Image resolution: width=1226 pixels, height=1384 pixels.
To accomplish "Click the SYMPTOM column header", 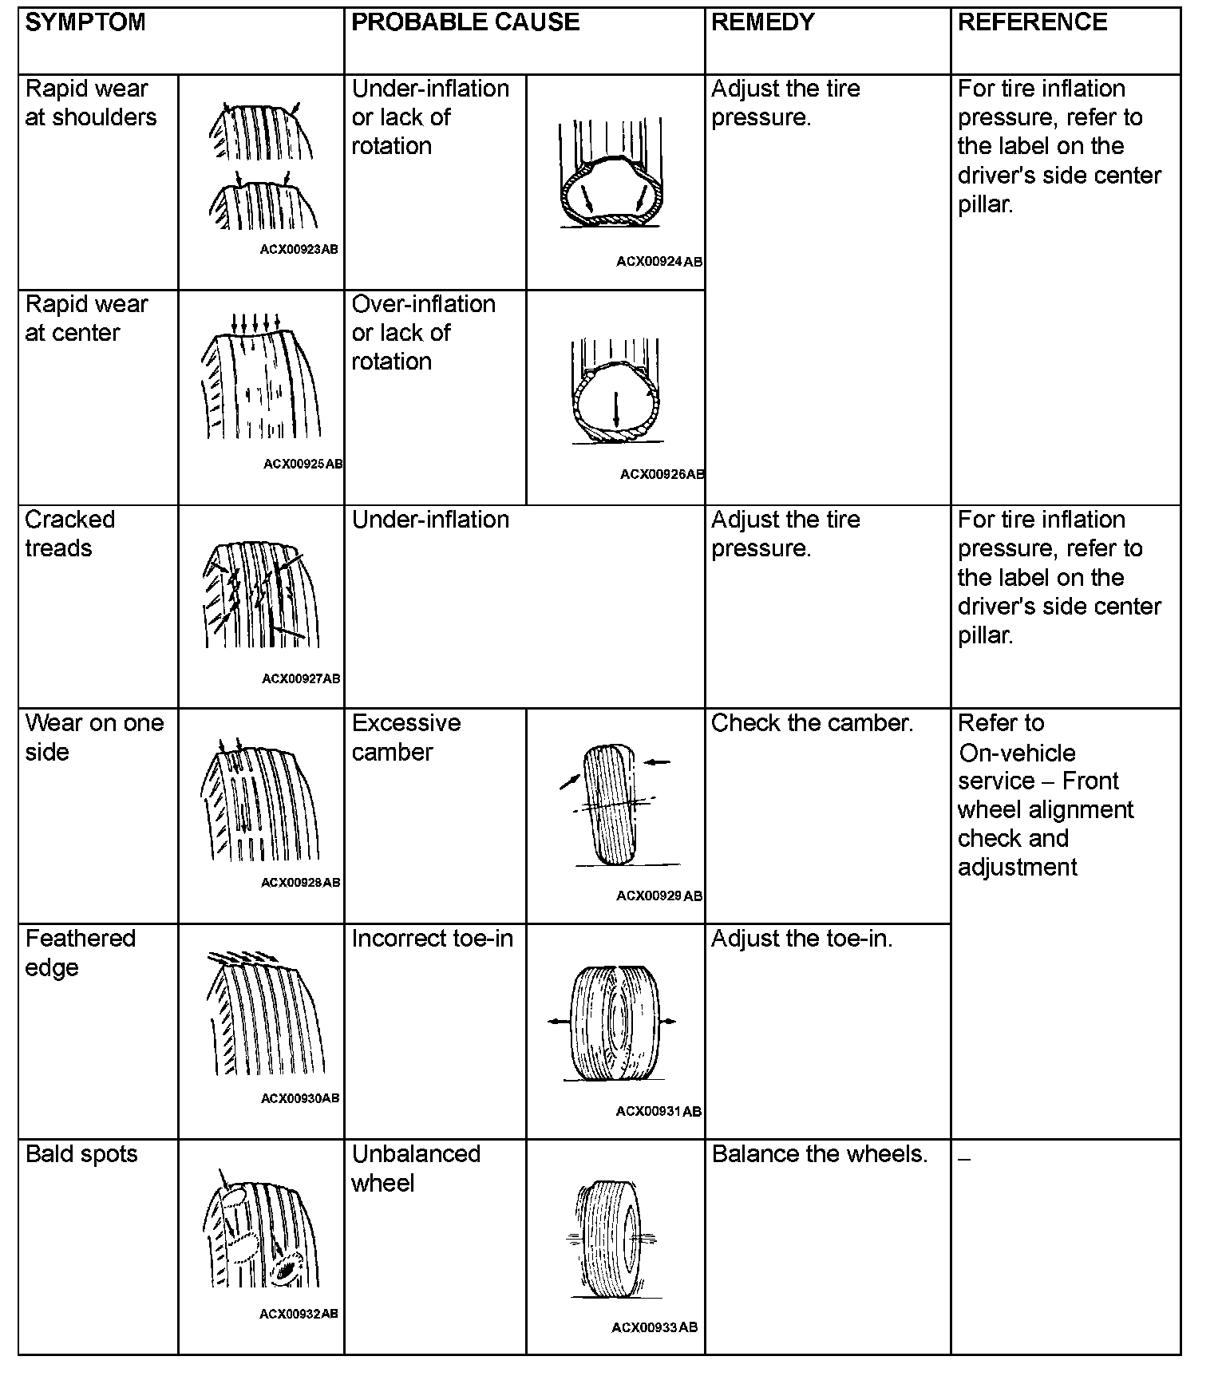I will click(x=85, y=22).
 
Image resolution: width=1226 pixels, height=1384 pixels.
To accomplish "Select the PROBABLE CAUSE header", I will click(x=465, y=22).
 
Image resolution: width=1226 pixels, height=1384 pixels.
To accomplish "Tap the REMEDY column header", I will click(x=762, y=22).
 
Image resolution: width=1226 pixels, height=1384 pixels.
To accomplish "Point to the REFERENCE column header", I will click(x=1032, y=22).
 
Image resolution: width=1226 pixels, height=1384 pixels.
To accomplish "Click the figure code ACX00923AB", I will click(x=299, y=249).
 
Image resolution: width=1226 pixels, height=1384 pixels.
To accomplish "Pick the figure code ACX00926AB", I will click(x=662, y=474).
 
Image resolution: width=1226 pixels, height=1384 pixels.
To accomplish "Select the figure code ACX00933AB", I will click(x=655, y=1327).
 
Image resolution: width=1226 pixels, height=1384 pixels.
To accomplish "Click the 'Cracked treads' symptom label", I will click(x=70, y=534).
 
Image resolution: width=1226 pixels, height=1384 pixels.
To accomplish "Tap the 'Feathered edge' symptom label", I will click(x=80, y=952).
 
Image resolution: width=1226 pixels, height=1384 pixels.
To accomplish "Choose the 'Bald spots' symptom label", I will click(x=81, y=1154).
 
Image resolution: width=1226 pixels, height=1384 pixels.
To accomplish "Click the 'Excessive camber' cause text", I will click(x=406, y=737).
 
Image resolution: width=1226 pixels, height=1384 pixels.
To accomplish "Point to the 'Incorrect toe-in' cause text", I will click(x=432, y=939).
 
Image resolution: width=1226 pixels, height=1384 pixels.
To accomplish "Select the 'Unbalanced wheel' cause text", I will click(x=416, y=1168).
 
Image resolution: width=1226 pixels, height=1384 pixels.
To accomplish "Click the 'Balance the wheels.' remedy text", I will click(x=820, y=1154).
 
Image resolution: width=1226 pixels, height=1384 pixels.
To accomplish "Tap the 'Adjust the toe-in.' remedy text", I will click(x=801, y=939).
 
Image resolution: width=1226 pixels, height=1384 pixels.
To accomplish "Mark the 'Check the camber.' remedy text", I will click(x=812, y=723).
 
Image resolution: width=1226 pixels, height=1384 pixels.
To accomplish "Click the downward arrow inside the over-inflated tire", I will click(x=616, y=410).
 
